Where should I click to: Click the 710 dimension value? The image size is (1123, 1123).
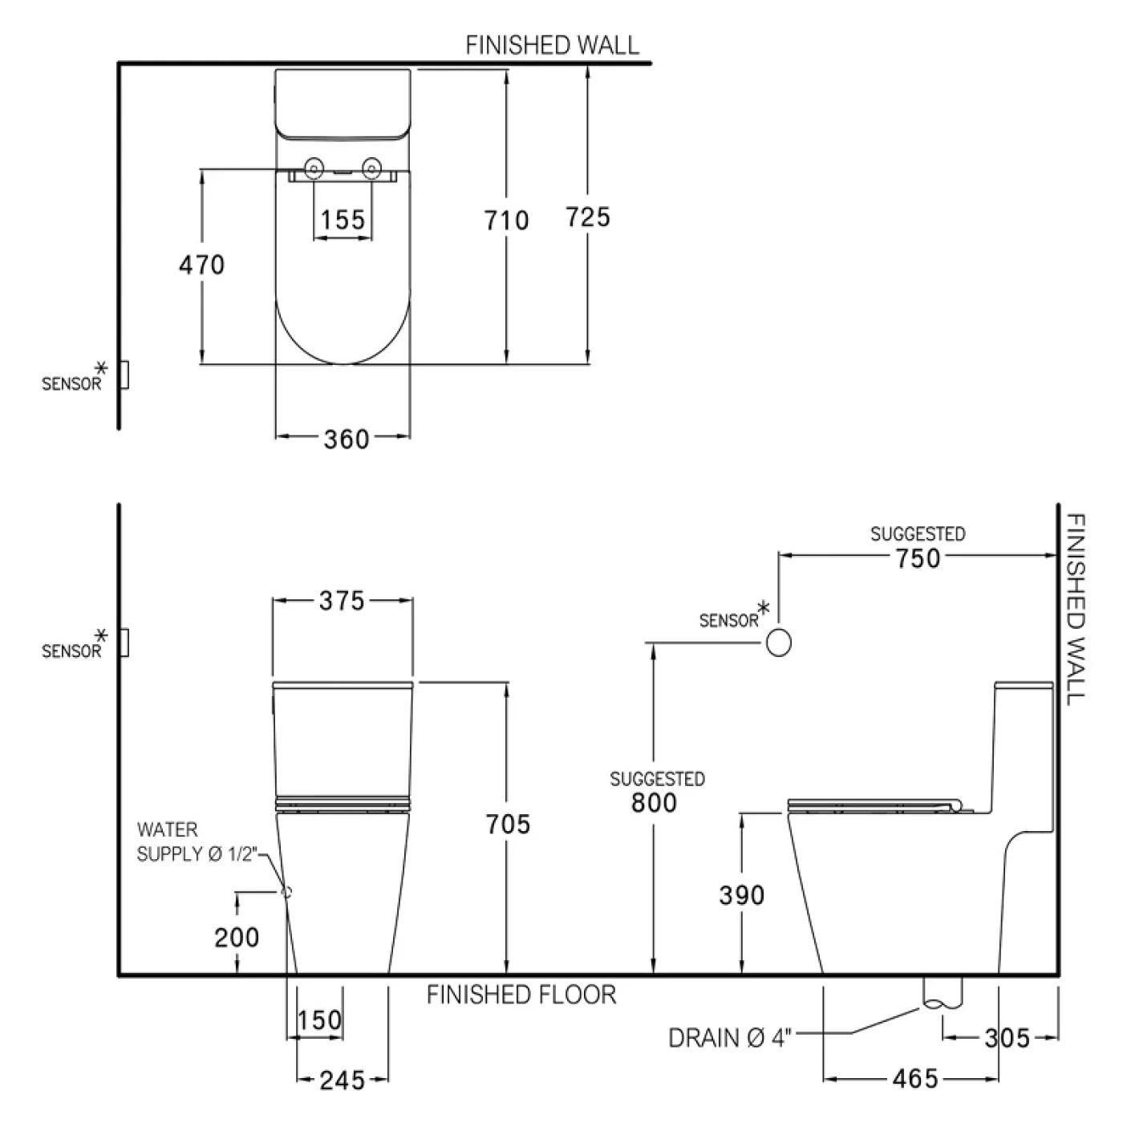[x=506, y=220]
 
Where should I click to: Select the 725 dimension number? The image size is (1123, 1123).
[x=588, y=217]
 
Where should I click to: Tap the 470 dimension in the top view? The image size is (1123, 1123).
[x=201, y=265]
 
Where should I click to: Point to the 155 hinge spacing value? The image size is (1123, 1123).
[x=343, y=220]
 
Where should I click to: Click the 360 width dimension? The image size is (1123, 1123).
[x=347, y=439]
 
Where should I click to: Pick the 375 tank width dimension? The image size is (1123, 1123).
[x=342, y=601]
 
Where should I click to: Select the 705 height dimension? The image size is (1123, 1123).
[x=508, y=824]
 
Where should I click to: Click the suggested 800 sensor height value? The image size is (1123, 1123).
[x=654, y=802]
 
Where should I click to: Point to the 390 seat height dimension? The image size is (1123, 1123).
[x=741, y=895]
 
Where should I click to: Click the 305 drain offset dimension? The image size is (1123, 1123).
[x=1007, y=1038]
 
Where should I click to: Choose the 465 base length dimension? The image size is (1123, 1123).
[x=915, y=1079]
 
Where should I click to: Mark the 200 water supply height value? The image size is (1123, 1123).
[x=237, y=937]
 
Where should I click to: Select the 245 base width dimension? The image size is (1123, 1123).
[x=343, y=1080]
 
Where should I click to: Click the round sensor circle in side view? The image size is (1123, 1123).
[x=778, y=643]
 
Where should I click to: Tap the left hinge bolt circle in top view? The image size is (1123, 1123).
[x=314, y=168]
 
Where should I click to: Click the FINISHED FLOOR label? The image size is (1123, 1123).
[x=521, y=995]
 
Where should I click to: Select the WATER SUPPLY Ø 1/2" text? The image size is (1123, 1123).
[x=196, y=842]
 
